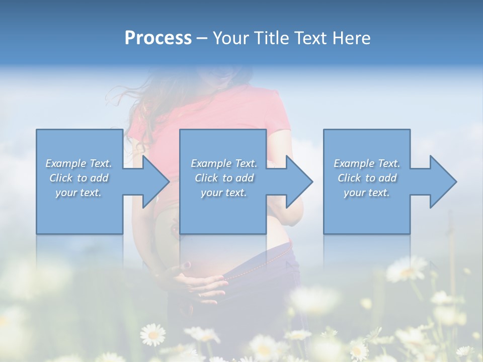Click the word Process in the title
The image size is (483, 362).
[x=158, y=38]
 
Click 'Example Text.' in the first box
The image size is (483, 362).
[x=79, y=163]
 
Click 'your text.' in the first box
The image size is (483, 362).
[x=79, y=193]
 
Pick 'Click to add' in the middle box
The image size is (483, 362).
[x=224, y=178]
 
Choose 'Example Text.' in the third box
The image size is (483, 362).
[x=367, y=163]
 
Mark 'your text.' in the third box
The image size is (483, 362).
[x=367, y=193]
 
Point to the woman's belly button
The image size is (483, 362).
[x=187, y=264]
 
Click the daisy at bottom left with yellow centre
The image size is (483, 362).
[x=152, y=334]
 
